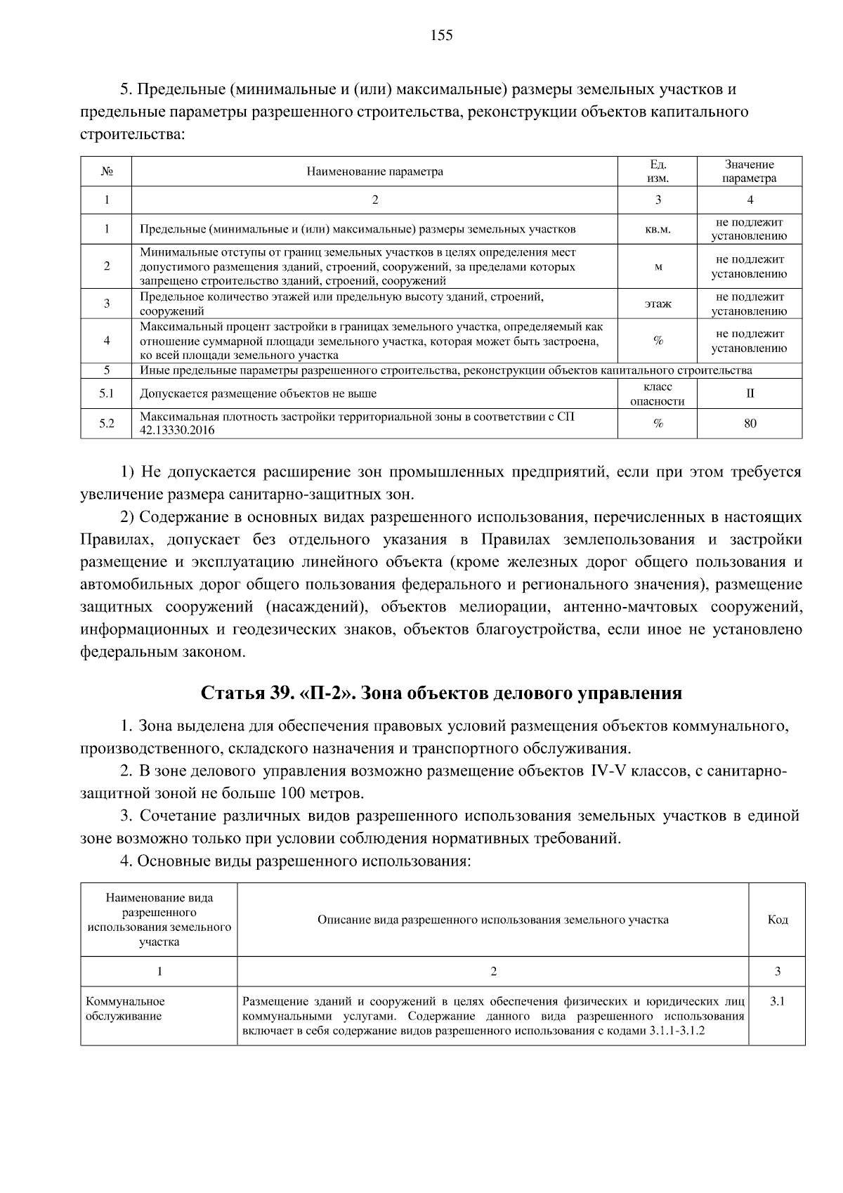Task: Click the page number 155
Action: point(442,36)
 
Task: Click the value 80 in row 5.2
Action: point(750,424)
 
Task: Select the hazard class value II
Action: point(750,394)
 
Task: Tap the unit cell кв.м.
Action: point(658,229)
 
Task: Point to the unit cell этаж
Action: point(658,304)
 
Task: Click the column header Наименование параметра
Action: point(374,171)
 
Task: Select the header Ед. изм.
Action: point(658,171)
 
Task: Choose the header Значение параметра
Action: point(750,171)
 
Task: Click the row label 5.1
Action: point(106,394)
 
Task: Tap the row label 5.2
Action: point(106,424)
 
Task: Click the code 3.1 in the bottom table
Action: point(777,1001)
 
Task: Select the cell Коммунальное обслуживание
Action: point(125,1008)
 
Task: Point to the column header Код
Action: point(777,920)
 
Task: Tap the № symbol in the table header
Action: point(106,171)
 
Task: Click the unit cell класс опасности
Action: point(658,394)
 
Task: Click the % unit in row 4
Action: point(658,341)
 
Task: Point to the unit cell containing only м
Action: point(658,267)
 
